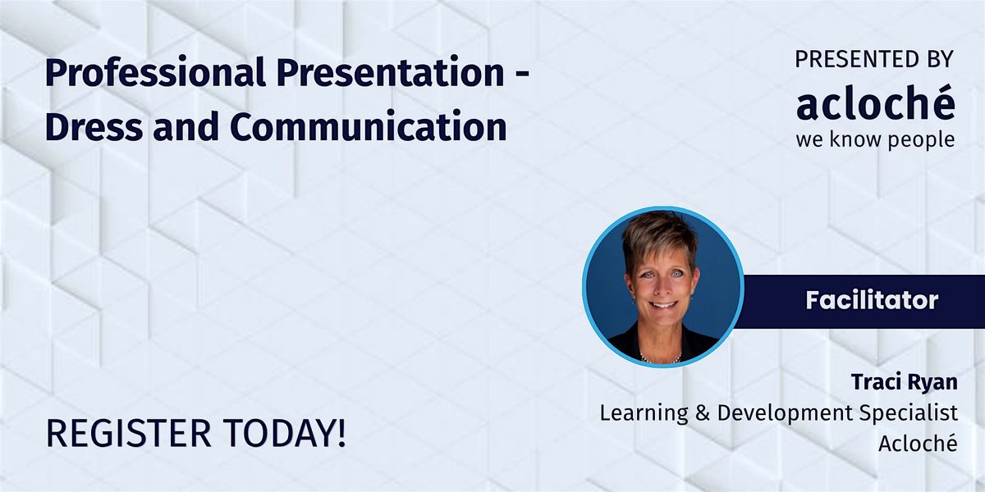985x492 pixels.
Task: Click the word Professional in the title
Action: click(x=155, y=72)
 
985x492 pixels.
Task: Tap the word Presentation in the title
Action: click(x=391, y=72)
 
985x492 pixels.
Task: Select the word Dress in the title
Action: click(x=94, y=126)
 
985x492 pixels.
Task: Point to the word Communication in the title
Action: click(x=368, y=126)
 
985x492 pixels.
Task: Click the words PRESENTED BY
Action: click(x=874, y=59)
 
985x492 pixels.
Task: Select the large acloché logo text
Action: click(x=876, y=103)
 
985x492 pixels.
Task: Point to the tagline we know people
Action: click(x=876, y=139)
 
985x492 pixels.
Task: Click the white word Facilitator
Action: click(x=872, y=301)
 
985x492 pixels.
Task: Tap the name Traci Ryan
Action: click(x=904, y=382)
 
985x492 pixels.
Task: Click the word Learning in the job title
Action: click(x=644, y=413)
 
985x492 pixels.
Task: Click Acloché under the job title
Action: click(x=919, y=443)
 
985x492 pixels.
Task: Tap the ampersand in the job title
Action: click(x=703, y=414)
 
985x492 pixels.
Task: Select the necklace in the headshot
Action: click(x=661, y=358)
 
